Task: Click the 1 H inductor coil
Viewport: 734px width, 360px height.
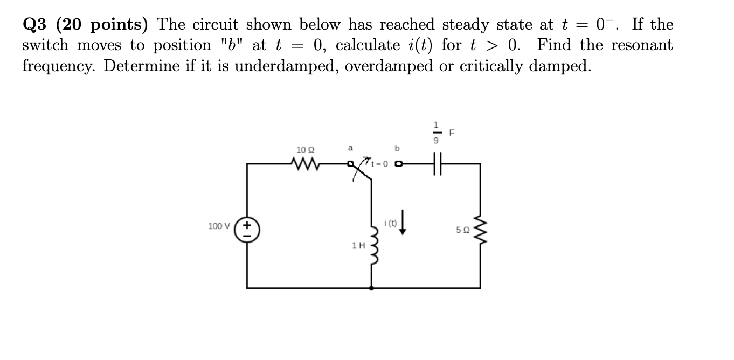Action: [x=371, y=242]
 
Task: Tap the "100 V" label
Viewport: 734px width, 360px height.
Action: [x=218, y=226]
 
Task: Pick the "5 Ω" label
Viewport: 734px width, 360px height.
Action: [x=462, y=231]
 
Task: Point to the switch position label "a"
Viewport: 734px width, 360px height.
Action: [x=350, y=147]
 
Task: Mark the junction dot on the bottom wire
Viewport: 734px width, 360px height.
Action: [x=371, y=288]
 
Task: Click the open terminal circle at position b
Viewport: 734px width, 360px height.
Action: [x=398, y=163]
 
